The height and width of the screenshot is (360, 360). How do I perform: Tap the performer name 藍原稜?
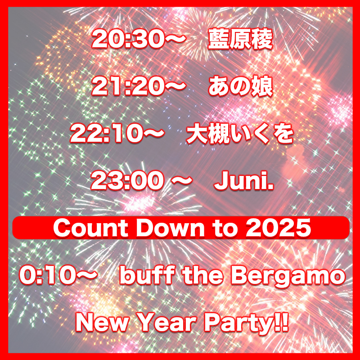240,40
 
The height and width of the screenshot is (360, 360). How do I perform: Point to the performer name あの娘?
240,87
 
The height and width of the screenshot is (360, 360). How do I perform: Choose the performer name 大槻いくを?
240,134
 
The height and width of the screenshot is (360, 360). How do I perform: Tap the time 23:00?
128,181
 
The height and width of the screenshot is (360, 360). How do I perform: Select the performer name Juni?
244,181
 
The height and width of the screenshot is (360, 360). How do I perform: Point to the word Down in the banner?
170,228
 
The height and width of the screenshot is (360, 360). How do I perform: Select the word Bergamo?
288,276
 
